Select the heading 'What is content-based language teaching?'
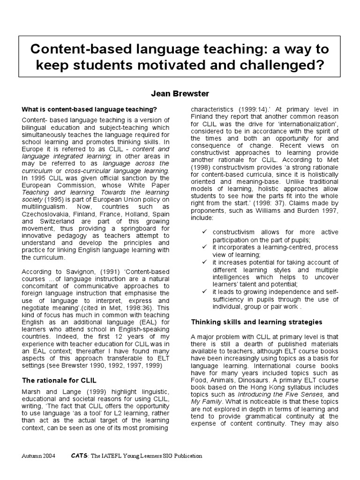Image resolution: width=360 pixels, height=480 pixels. pyautogui.click(x=89, y=110)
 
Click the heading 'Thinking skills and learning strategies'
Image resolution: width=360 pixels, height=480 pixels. pyautogui.click(x=256, y=322)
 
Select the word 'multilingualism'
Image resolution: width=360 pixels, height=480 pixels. pyautogui.click(x=47, y=205)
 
